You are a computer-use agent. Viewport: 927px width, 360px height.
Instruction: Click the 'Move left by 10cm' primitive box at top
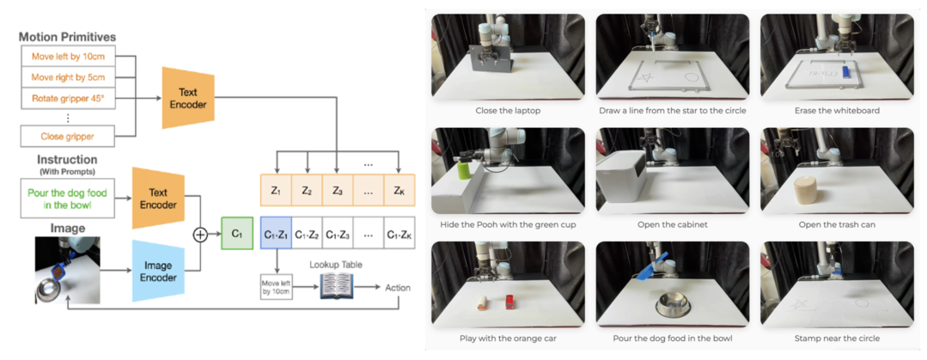coord(67,56)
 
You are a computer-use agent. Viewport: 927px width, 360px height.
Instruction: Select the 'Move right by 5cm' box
coord(67,76)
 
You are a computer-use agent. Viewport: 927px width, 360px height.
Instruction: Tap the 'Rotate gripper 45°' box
coord(67,98)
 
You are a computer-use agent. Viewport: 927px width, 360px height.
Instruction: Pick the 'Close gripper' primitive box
coord(67,136)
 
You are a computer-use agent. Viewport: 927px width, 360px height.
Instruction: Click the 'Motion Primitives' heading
coord(67,37)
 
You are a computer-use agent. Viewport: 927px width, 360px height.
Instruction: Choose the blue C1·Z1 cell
coord(276,234)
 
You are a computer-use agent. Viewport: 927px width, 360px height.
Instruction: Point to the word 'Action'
coord(398,287)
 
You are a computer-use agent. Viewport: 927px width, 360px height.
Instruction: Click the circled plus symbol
coord(200,234)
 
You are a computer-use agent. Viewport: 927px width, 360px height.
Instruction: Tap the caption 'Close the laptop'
coord(509,111)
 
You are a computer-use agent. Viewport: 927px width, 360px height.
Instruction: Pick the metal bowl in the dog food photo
coord(673,303)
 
